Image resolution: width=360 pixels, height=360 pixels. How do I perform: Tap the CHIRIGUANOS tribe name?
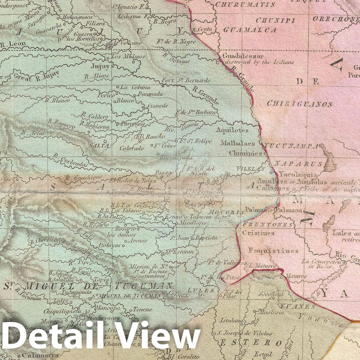point(300,104)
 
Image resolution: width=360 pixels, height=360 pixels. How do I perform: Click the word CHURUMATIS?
point(245,5)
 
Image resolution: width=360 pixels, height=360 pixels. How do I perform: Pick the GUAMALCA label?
point(250,30)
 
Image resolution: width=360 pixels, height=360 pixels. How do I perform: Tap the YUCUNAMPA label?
point(291,145)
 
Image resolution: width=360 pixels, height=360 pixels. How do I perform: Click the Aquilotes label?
point(232,130)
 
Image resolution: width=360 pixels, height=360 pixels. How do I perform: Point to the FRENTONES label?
point(268,224)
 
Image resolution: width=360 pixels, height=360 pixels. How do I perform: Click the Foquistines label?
point(273,250)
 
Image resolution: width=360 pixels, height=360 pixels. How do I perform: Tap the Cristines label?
point(258,233)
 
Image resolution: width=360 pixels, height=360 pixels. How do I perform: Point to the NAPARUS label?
point(298,164)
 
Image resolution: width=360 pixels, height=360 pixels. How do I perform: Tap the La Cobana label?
point(130,87)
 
